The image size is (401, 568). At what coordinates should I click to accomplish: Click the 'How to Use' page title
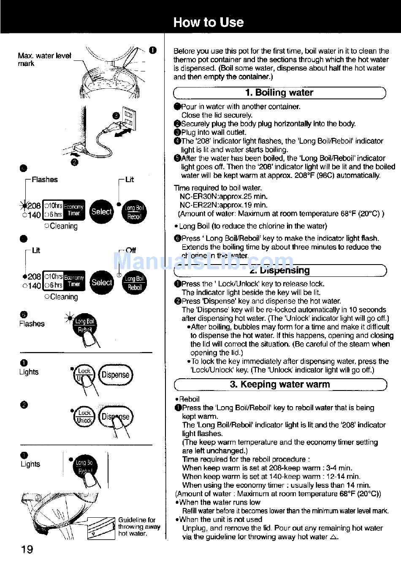208,22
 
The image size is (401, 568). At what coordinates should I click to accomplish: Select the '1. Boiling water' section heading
279,93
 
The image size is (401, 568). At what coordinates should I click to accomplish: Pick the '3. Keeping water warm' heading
279,385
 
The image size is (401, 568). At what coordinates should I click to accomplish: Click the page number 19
27,549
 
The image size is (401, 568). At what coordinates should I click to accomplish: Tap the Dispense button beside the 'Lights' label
115,375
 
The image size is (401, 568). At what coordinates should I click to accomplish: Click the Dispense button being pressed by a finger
115,417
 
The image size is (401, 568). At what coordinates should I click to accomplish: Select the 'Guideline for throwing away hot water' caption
139,527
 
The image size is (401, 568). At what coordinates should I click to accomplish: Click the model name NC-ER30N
200,196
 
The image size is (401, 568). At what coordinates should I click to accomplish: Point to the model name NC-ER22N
200,205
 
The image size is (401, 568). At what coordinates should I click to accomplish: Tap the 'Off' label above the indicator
130,250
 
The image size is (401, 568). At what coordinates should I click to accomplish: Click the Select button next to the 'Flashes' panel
102,211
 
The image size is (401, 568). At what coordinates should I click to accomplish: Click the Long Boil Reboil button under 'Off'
134,283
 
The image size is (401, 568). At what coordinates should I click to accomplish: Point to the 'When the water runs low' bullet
219,502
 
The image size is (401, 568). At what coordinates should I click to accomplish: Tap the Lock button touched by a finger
84,375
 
